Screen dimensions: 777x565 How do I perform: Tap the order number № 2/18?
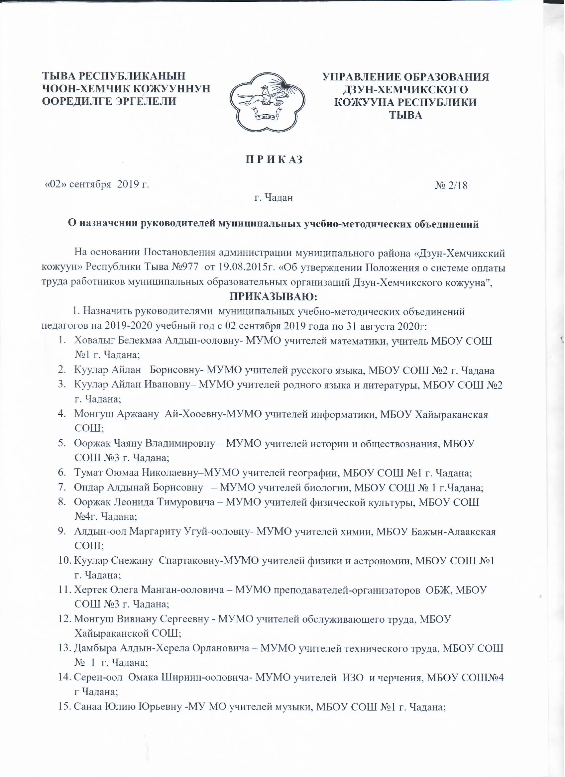tap(451, 185)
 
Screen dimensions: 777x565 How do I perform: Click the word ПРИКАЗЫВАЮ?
tap(273, 295)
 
